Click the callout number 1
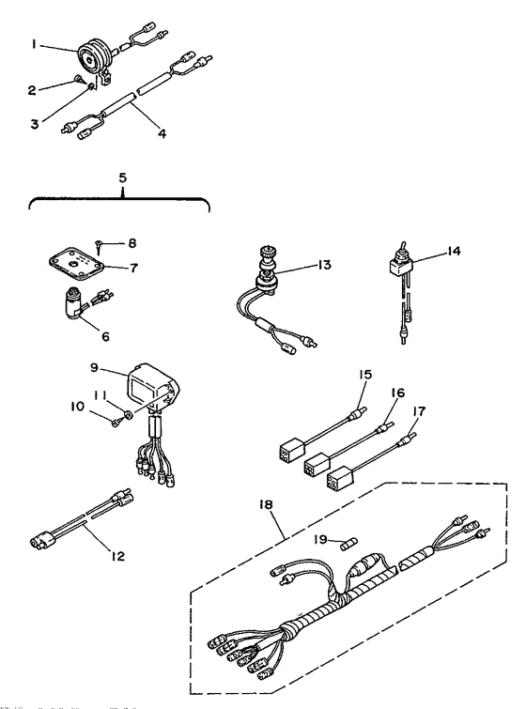pyautogui.click(x=35, y=43)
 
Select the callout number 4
pyautogui.click(x=162, y=133)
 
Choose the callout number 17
pyautogui.click(x=419, y=412)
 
